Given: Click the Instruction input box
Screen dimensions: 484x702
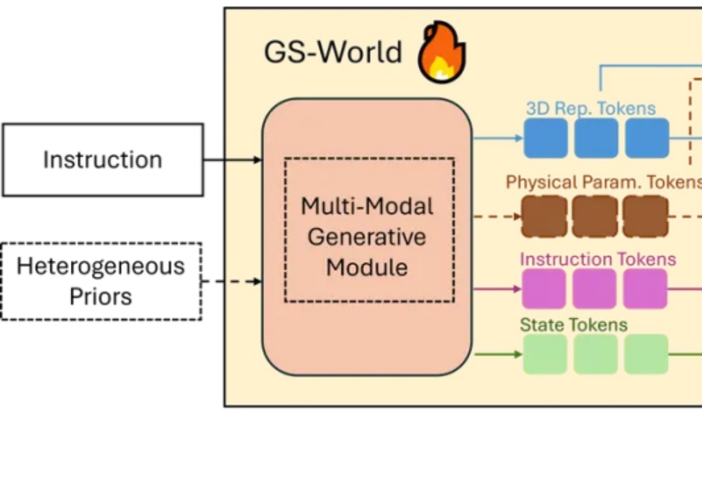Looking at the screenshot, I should point(103,160).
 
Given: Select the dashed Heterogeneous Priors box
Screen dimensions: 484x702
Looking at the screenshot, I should point(101,281).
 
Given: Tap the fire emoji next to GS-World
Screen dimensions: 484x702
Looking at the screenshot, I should point(441,52).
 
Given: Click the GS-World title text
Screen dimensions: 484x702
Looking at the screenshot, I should point(333,52).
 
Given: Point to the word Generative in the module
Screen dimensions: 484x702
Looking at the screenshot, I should point(367,237).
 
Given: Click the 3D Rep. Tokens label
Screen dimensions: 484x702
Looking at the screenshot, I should point(591,108).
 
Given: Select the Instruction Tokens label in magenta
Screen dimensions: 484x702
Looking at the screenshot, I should point(598,259).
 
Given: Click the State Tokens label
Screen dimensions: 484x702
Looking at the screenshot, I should point(574,324).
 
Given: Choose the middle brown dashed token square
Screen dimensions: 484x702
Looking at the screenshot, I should point(595,216).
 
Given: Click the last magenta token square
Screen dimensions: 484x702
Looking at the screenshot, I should point(645,289).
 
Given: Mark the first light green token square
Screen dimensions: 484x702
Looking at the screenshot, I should point(545,354).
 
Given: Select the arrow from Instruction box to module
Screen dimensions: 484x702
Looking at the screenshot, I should point(233,160).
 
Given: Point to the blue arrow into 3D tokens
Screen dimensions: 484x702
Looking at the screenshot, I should point(498,138).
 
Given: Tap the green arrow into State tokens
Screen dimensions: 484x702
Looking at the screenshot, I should point(498,354).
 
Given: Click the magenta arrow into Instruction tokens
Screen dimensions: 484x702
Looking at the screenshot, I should point(498,289).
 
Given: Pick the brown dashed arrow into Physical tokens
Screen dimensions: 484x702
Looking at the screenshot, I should point(498,216).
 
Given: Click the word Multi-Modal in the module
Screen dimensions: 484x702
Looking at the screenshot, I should point(367,207).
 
